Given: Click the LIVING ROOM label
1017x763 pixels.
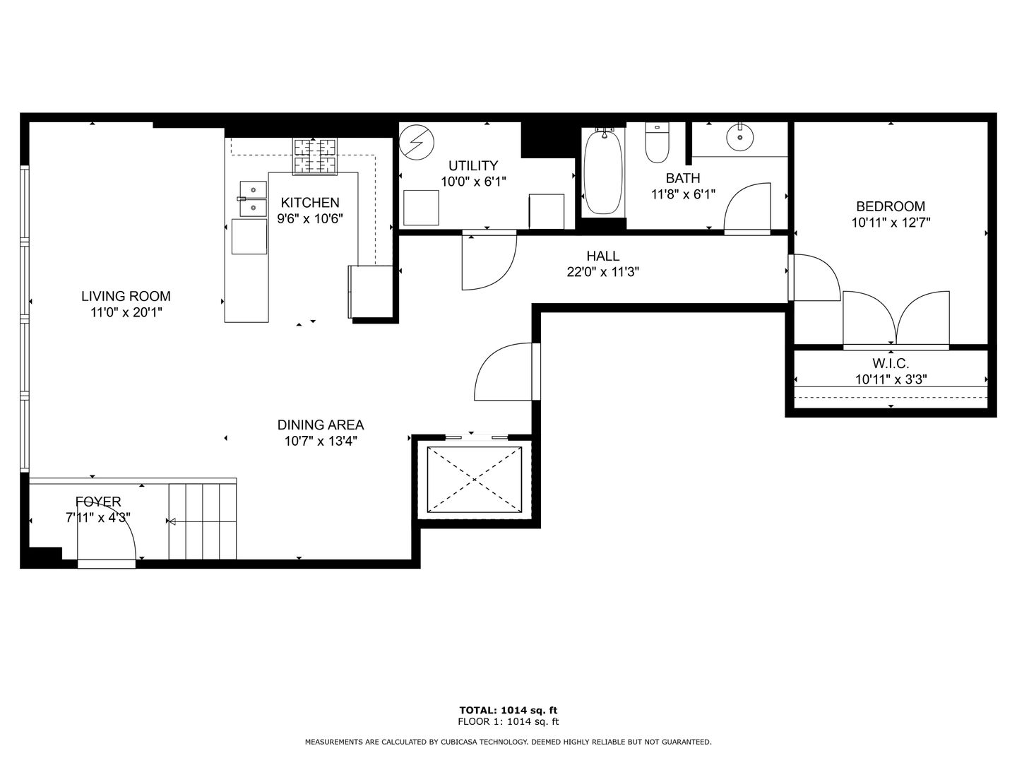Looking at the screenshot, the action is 126,296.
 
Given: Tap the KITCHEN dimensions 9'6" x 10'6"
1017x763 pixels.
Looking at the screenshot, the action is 310,219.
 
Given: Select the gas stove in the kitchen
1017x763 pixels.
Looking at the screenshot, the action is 314,156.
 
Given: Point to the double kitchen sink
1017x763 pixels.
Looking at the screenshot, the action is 253,199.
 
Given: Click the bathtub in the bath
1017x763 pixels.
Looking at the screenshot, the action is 603,172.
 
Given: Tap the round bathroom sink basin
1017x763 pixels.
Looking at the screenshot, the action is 739,137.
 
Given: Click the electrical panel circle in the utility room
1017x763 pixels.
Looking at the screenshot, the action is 417,143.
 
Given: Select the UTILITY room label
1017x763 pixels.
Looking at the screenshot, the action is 473,165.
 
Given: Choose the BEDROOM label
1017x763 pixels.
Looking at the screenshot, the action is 891,206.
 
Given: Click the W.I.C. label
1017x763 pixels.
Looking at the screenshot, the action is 891,362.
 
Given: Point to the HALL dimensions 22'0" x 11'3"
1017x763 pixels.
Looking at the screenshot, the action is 603,272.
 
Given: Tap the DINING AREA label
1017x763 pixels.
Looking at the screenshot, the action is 321,425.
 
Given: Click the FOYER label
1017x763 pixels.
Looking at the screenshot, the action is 98,502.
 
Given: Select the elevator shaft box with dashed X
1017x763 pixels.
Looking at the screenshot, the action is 475,480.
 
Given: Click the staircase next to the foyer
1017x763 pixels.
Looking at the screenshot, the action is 203,521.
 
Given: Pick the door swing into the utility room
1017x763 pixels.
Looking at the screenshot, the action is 489,261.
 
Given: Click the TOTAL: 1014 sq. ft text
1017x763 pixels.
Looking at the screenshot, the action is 509,710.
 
